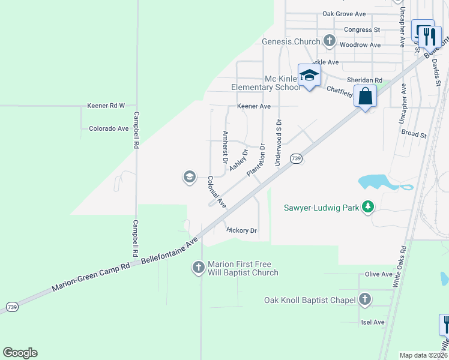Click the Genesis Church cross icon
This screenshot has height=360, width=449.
(329, 41)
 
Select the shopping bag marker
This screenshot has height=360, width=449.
(365, 96)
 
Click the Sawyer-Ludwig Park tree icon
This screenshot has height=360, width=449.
(369, 208)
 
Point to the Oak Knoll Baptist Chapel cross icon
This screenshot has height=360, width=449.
(365, 299)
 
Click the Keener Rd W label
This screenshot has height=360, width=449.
(106, 106)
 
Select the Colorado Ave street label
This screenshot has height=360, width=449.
(109, 128)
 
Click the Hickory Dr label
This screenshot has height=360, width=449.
(242, 230)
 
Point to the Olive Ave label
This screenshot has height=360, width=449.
(378, 274)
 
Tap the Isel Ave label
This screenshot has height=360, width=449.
(373, 322)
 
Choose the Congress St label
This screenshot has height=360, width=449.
(362, 29)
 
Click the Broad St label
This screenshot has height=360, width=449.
(414, 134)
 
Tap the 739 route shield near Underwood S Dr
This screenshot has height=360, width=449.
(296, 158)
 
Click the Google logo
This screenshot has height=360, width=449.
(20, 353)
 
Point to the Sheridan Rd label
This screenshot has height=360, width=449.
(364, 80)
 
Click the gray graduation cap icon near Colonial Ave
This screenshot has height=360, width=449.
(189, 176)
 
